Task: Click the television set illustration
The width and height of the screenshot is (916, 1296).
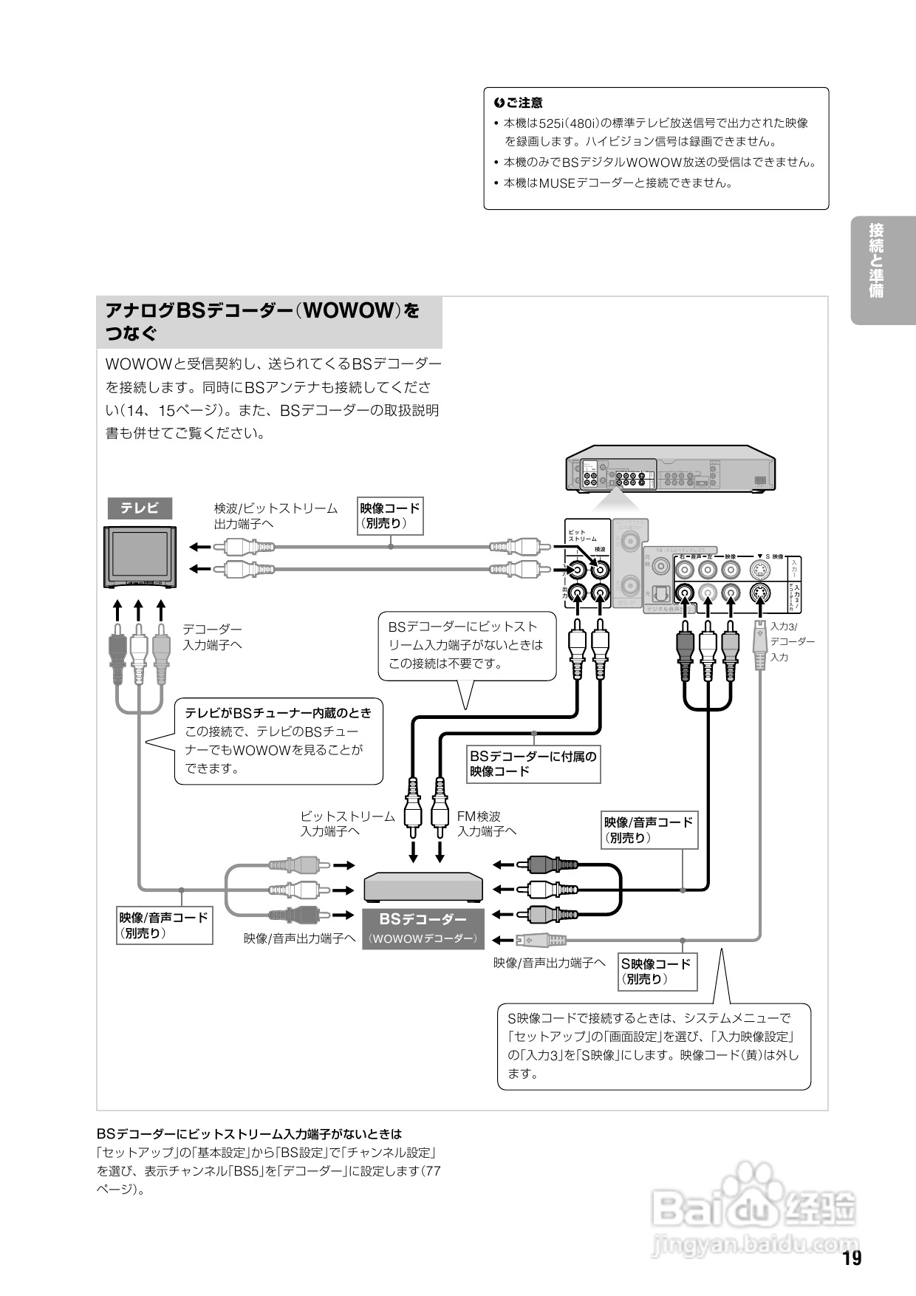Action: (140, 556)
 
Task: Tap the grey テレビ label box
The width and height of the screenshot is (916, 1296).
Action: (140, 508)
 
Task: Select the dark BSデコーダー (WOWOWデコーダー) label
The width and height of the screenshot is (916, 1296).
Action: (423, 928)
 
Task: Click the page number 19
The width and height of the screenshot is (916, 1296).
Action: (852, 1259)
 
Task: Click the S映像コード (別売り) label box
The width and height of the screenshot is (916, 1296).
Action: (657, 971)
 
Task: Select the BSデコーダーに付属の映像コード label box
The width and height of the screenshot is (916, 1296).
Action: (533, 763)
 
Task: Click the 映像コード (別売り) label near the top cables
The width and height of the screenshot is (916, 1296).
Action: (390, 516)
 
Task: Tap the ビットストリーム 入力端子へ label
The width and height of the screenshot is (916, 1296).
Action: (347, 824)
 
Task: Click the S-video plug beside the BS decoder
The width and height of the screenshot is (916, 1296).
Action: (541, 941)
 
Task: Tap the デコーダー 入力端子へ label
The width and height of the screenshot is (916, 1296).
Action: (213, 637)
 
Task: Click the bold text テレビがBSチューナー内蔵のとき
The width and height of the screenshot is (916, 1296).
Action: (278, 713)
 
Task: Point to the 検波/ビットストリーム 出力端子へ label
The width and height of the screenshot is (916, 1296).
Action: (276, 516)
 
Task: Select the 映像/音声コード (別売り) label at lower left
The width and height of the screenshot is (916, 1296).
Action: (164, 925)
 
